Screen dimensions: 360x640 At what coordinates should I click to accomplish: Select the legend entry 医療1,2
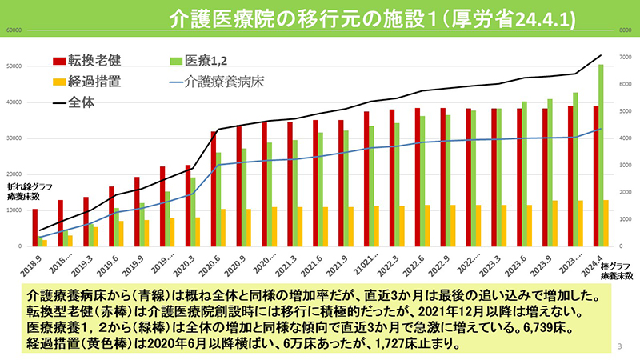[x=213, y=61]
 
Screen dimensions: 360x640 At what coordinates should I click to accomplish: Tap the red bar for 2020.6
[x=214, y=189]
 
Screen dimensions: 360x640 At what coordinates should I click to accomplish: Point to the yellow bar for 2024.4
[x=606, y=223]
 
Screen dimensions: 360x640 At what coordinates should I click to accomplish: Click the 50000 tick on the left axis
[x=13, y=66]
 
